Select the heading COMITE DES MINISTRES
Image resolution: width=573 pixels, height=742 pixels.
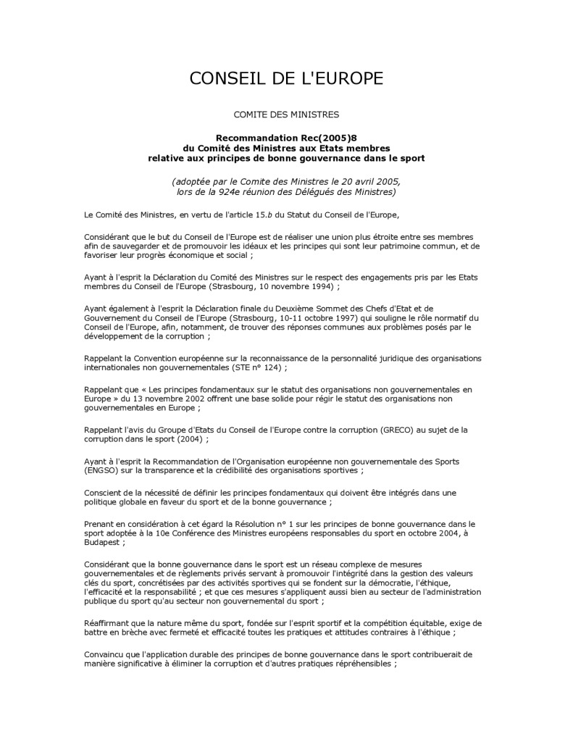[x=286, y=114]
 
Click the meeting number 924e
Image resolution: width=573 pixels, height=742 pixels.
[x=240, y=191]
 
